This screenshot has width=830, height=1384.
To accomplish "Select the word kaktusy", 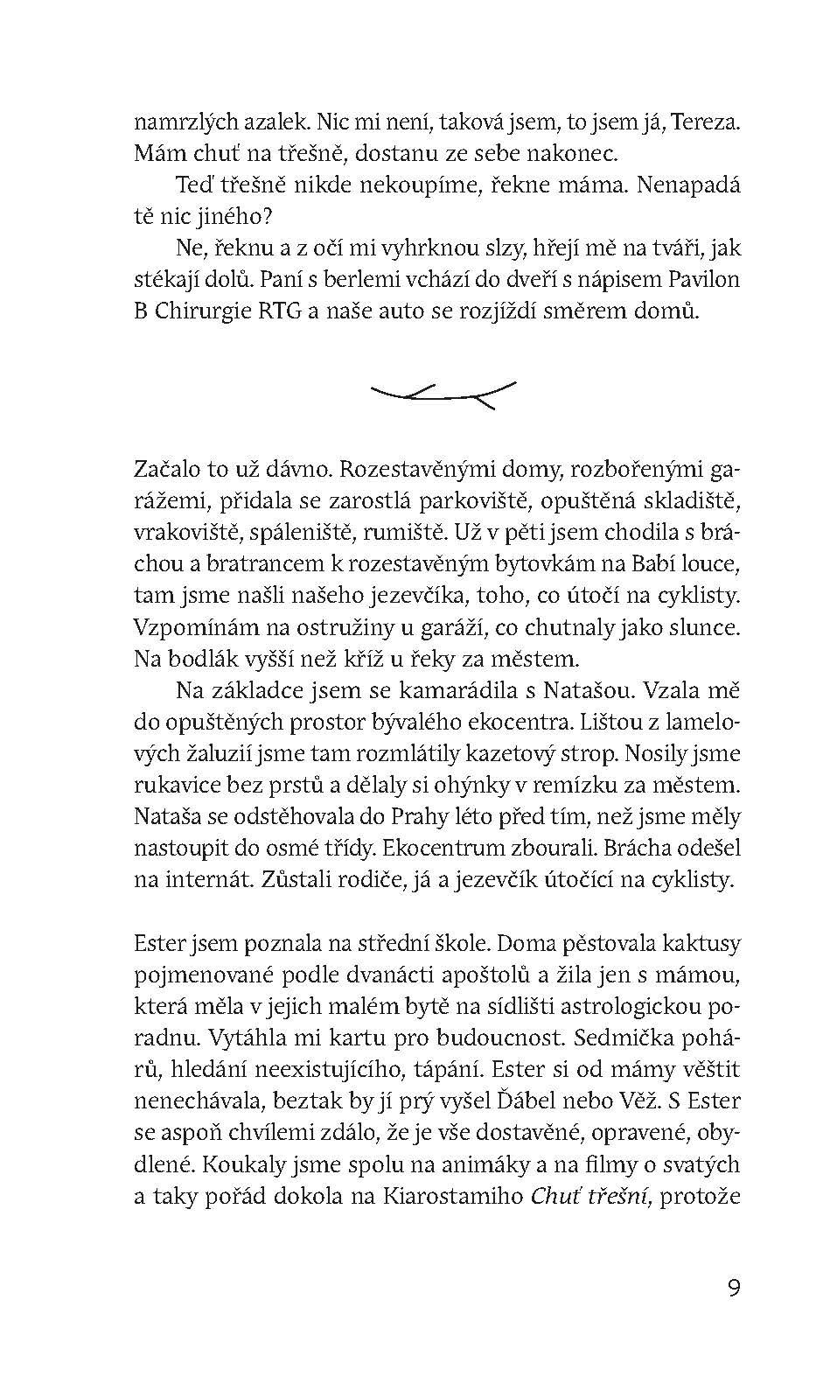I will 700,944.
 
